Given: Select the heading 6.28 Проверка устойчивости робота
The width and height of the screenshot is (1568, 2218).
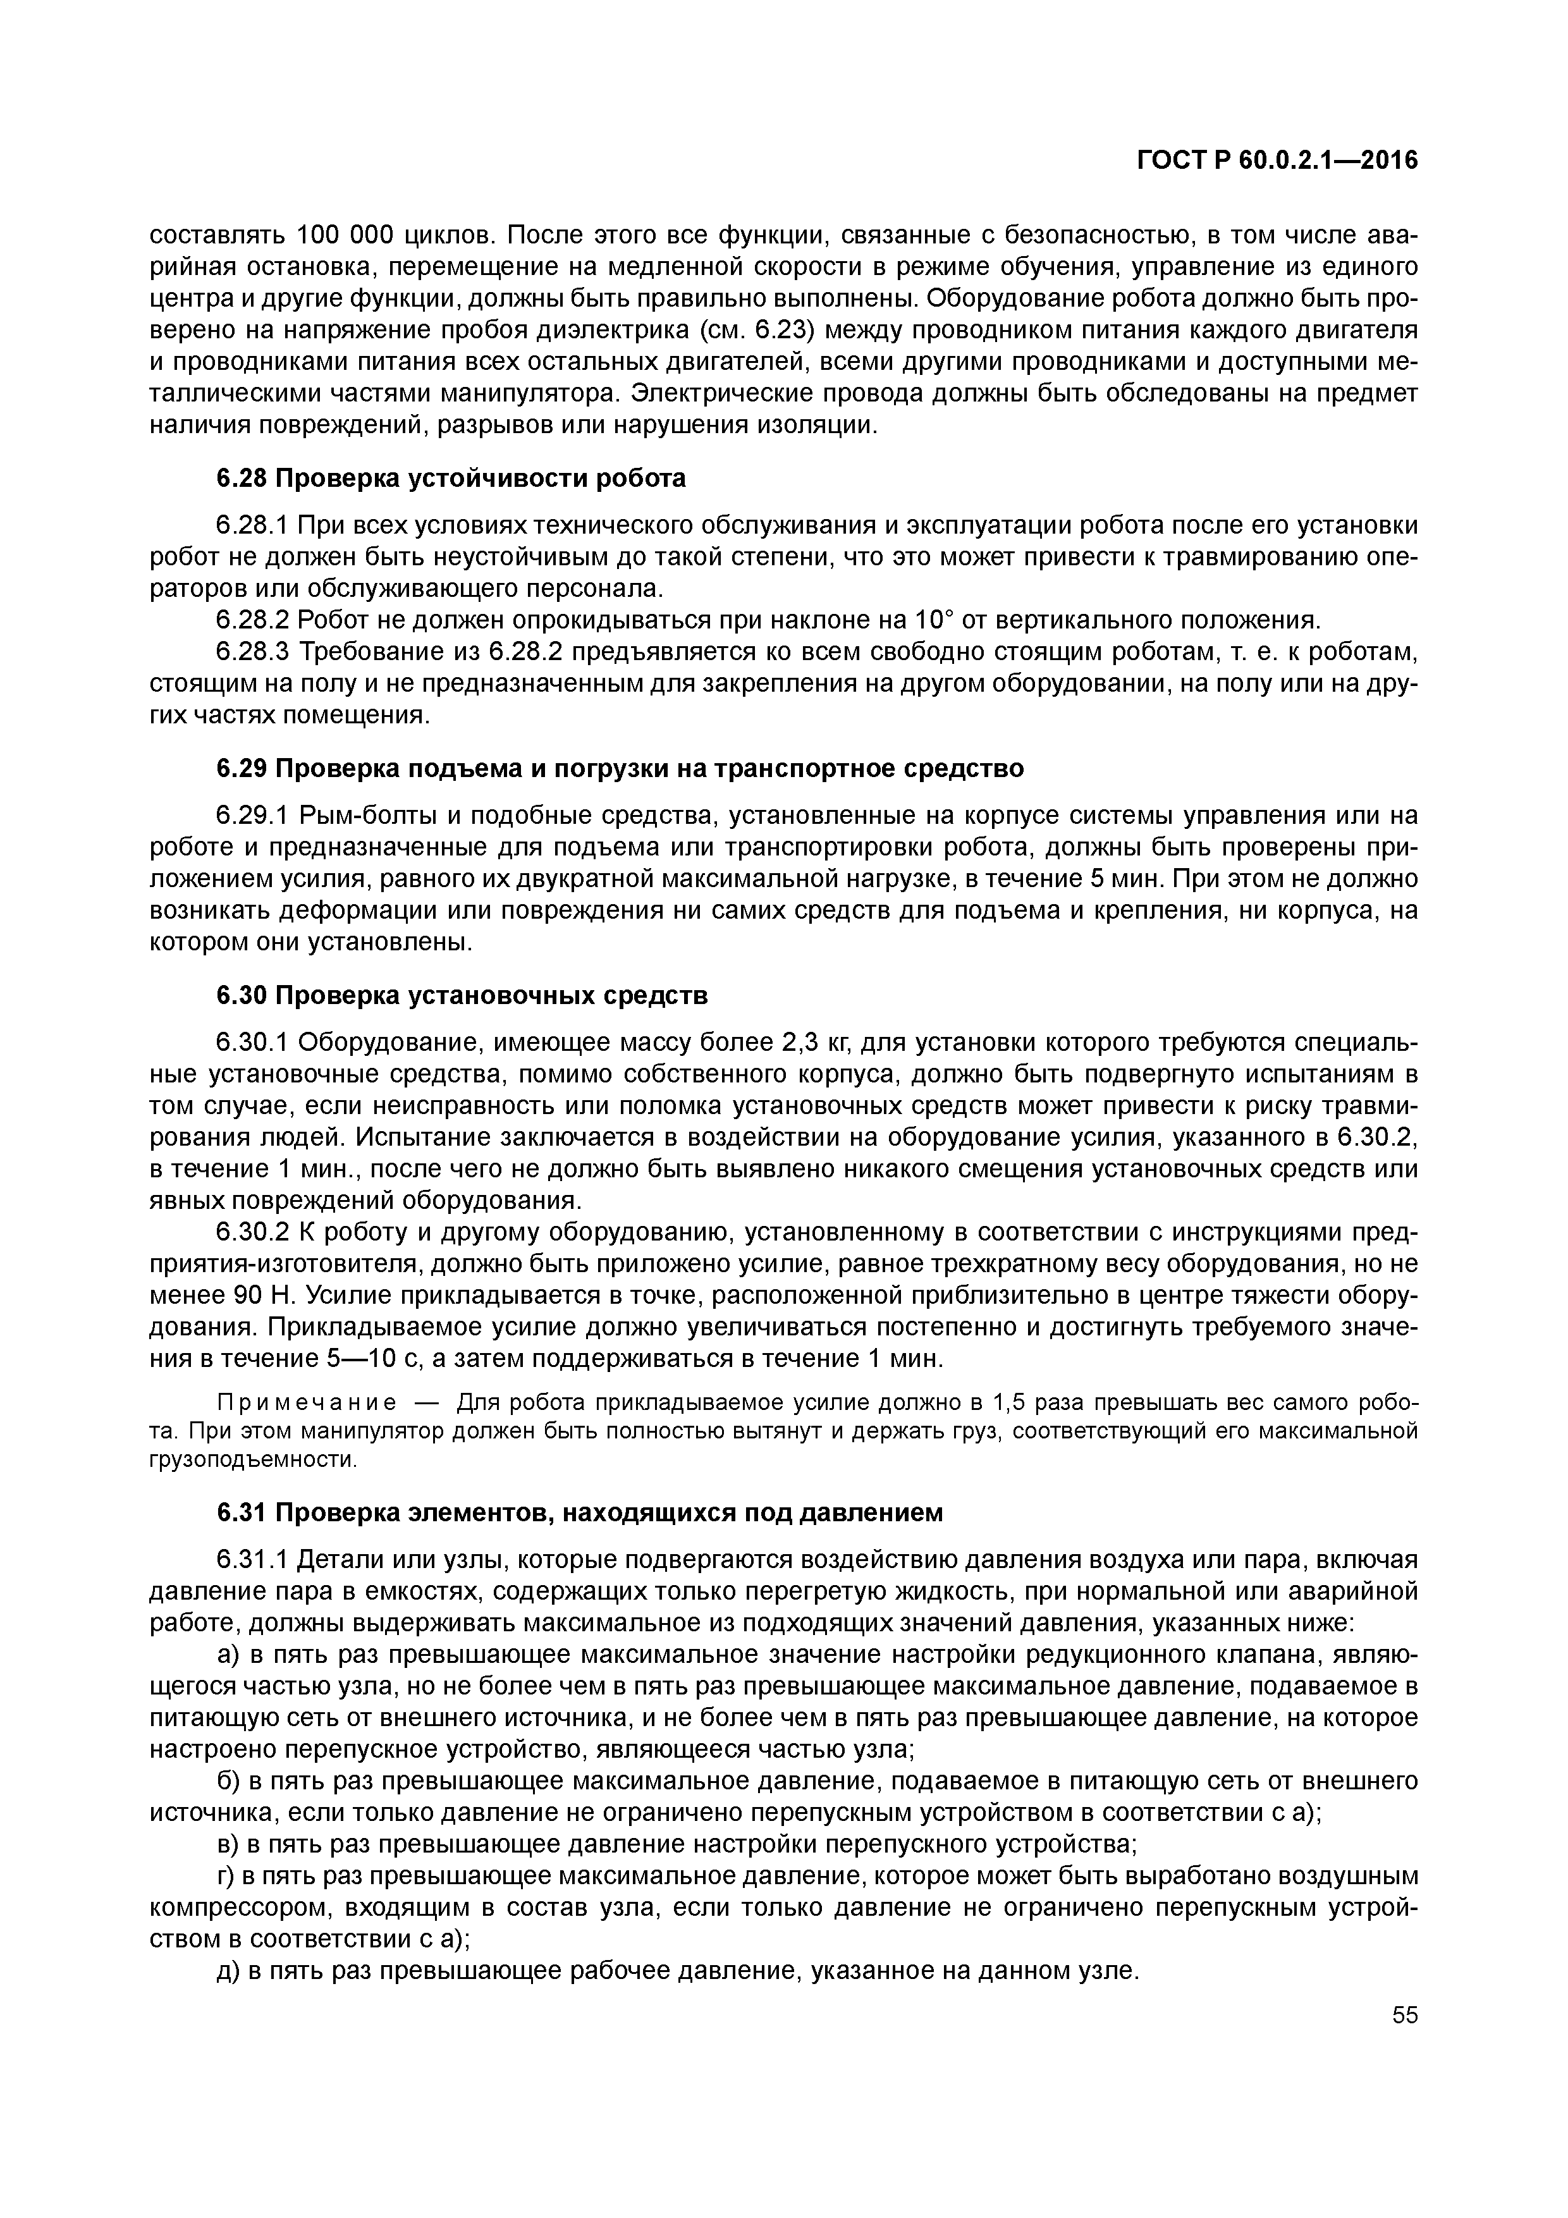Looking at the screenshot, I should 450,478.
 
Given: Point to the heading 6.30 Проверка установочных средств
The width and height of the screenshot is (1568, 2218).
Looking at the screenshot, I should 462,995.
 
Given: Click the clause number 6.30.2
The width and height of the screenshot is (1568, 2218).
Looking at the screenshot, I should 252,1233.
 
